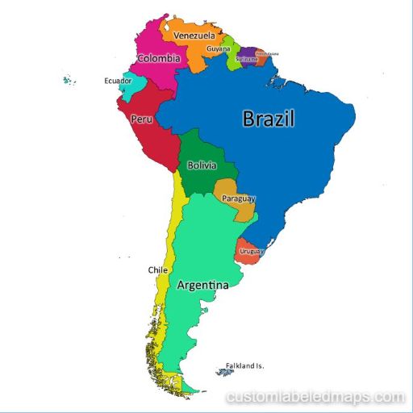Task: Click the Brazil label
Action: (x=269, y=119)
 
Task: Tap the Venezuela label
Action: (x=194, y=36)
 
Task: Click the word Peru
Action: (x=141, y=119)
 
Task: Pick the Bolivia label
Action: (x=202, y=165)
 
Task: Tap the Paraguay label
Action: (x=239, y=198)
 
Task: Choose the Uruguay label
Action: (x=252, y=252)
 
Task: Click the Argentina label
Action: (x=202, y=286)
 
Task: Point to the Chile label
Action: (x=157, y=270)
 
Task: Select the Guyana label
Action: (x=218, y=49)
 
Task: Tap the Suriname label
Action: (x=246, y=59)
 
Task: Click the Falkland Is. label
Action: (x=244, y=365)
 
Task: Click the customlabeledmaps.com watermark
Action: (x=315, y=397)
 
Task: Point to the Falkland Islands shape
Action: (x=223, y=372)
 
